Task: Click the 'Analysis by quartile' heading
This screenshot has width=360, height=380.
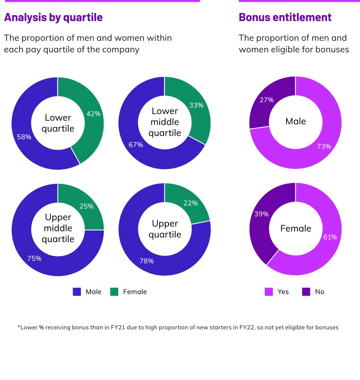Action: pyautogui.click(x=53, y=17)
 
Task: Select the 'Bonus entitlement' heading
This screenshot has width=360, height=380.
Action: pyautogui.click(x=285, y=17)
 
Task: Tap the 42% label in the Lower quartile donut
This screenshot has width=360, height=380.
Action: pyautogui.click(x=93, y=114)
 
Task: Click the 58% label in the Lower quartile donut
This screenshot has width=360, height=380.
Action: pyautogui.click(x=24, y=137)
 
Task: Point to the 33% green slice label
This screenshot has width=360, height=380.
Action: pyautogui.click(x=197, y=105)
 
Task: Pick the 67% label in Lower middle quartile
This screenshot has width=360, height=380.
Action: pyautogui.click(x=136, y=145)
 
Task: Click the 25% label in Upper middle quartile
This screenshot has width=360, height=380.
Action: pyautogui.click(x=87, y=206)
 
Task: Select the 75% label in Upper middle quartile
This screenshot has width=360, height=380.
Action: pyautogui.click(x=34, y=258)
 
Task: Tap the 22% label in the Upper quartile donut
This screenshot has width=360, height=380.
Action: pyautogui.click(x=190, y=203)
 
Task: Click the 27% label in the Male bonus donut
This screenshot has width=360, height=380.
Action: pyautogui.click(x=267, y=100)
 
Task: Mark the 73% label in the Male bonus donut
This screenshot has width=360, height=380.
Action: pyautogui.click(x=324, y=147)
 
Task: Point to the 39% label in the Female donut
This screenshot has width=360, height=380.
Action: pyautogui.click(x=261, y=214)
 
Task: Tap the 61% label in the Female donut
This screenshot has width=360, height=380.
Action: pyautogui.click(x=330, y=237)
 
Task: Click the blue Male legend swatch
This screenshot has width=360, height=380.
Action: pyautogui.click(x=77, y=292)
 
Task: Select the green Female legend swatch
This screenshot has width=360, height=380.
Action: pyautogui.click(x=114, y=292)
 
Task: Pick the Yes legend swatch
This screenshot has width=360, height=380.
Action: pyautogui.click(x=269, y=292)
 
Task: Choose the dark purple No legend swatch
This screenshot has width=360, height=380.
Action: pyautogui.click(x=306, y=292)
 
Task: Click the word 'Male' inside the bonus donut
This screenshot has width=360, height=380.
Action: pyautogui.click(x=296, y=121)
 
